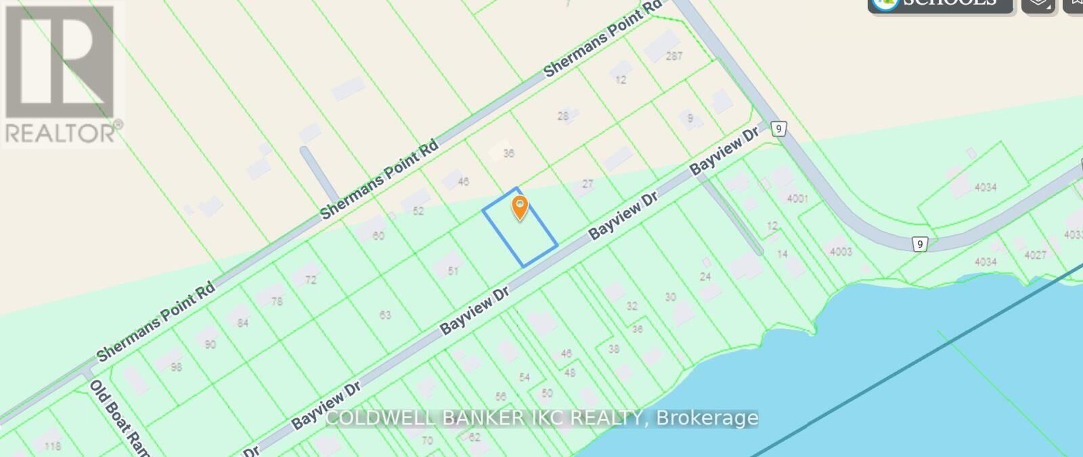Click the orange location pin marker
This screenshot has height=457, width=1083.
pyautogui.click(x=519, y=207)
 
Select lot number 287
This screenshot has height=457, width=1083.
pyautogui.click(x=673, y=56)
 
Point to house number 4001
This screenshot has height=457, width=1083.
pyautogui.click(x=797, y=198)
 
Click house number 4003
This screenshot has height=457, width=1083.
pyautogui.click(x=841, y=252)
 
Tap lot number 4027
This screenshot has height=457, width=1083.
pyautogui.click(x=1035, y=255)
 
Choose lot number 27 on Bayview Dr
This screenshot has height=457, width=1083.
pyautogui.click(x=588, y=183)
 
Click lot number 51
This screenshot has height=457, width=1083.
pyautogui.click(x=453, y=271)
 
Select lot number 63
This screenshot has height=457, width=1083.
pyautogui.click(x=385, y=315)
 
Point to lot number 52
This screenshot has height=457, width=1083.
pyautogui.click(x=418, y=211)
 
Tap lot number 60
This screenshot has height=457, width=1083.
pyautogui.click(x=378, y=236)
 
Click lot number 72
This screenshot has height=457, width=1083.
pyautogui.click(x=311, y=280)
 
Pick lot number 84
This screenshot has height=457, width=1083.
pyautogui.click(x=242, y=323)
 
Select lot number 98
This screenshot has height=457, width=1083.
pyautogui.click(x=177, y=367)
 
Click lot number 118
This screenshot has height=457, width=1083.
pyautogui.click(x=52, y=445)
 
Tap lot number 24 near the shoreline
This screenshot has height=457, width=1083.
pyautogui.click(x=705, y=276)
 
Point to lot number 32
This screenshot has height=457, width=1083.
pyautogui.click(x=632, y=306)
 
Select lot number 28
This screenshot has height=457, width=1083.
pyautogui.click(x=563, y=116)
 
